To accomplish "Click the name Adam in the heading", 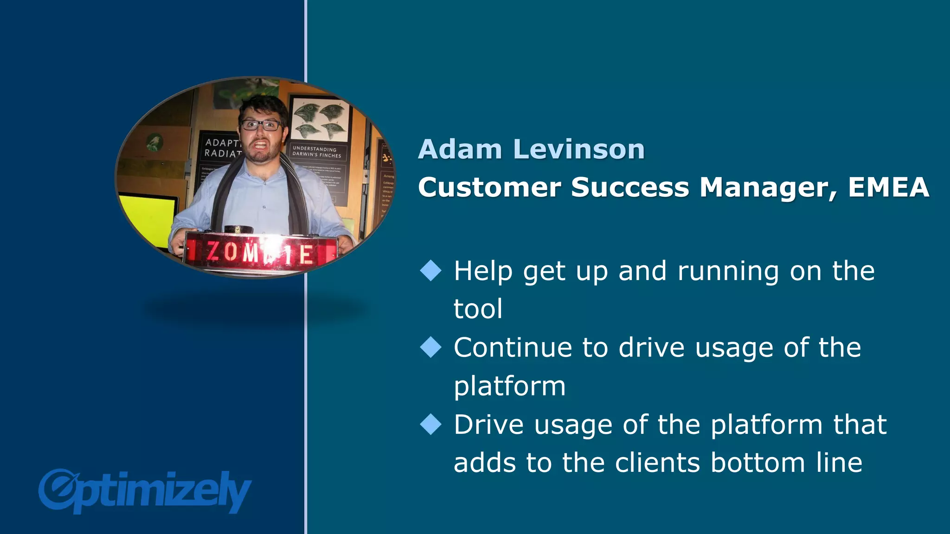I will pos(460,149).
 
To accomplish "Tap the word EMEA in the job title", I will pos(888,187).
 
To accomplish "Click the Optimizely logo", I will pos(145,492).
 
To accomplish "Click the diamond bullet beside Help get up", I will pos(431,270).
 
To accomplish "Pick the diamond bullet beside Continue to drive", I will pos(431,347).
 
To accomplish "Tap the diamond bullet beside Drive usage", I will pos(431,424).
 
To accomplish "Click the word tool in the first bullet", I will pos(478,309).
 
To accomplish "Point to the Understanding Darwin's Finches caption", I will pos(316,152).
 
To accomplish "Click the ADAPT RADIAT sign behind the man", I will pos(222,148).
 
